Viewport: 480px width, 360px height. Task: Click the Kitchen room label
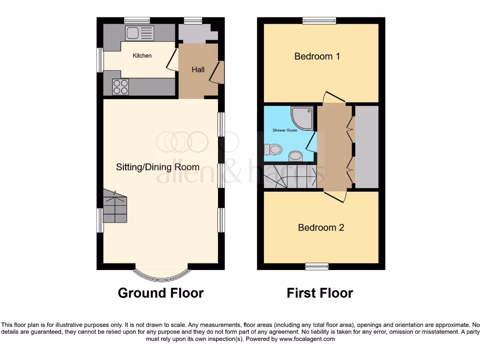pyautogui.click(x=142, y=56)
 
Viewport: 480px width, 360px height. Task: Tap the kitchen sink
pyautogui.click(x=140, y=33)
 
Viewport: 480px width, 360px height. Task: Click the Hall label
pyautogui.click(x=198, y=70)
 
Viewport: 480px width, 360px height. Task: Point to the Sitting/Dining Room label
pyautogui.click(x=158, y=167)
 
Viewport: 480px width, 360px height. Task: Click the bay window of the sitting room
pyautogui.click(x=161, y=273)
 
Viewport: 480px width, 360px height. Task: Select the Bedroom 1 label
pyautogui.click(x=317, y=56)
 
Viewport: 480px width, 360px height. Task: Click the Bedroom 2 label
pyautogui.click(x=321, y=228)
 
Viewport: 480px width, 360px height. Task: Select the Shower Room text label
pyautogui.click(x=285, y=130)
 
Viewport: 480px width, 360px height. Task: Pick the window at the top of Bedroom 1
pyautogui.click(x=319, y=20)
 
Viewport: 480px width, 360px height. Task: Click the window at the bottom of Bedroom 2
pyautogui.click(x=317, y=267)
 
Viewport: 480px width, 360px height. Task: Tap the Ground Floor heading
pyautogui.click(x=160, y=293)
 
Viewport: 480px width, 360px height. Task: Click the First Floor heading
pyautogui.click(x=320, y=293)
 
